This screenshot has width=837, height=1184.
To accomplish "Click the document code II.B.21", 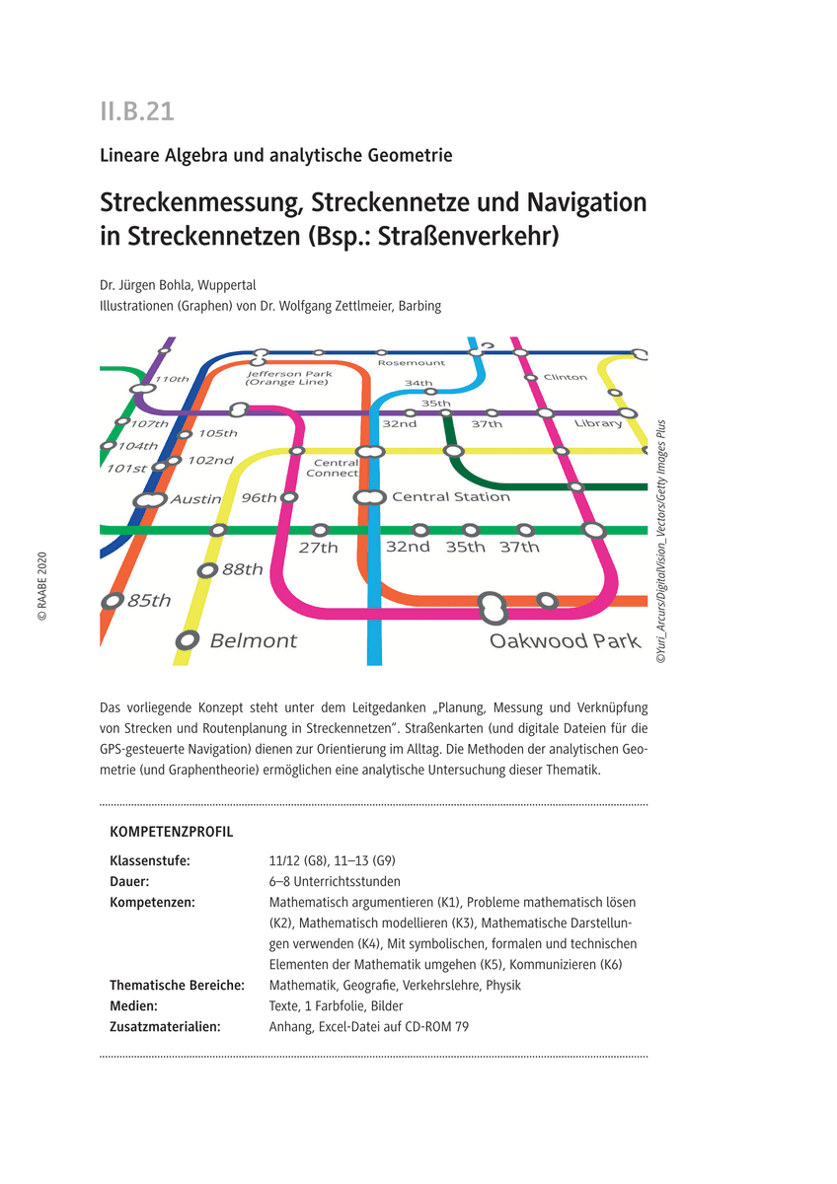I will (x=137, y=111).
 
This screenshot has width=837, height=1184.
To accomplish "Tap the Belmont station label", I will (x=254, y=641).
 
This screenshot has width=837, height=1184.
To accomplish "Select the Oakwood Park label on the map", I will (x=565, y=641).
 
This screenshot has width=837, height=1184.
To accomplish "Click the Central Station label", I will (x=450, y=497).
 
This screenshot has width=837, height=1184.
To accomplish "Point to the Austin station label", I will (x=195, y=499).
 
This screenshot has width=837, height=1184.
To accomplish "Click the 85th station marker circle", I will (x=114, y=600).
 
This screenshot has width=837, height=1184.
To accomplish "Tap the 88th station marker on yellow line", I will (x=207, y=570).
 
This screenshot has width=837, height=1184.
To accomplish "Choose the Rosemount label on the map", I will (x=411, y=363).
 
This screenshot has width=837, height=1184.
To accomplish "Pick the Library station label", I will (x=598, y=423).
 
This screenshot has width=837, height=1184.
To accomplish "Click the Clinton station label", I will (x=565, y=377).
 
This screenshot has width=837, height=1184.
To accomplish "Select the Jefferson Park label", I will (x=289, y=374).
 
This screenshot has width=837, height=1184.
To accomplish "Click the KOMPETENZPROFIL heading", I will (x=172, y=832).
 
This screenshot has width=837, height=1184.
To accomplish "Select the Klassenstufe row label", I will (x=150, y=860).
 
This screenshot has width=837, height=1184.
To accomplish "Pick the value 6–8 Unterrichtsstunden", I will (x=335, y=881).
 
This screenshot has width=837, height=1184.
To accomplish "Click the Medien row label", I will (x=134, y=1005).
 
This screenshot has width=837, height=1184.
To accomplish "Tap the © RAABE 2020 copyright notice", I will (x=42, y=586).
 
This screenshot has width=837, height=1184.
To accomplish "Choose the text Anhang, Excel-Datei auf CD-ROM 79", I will (x=368, y=1026).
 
